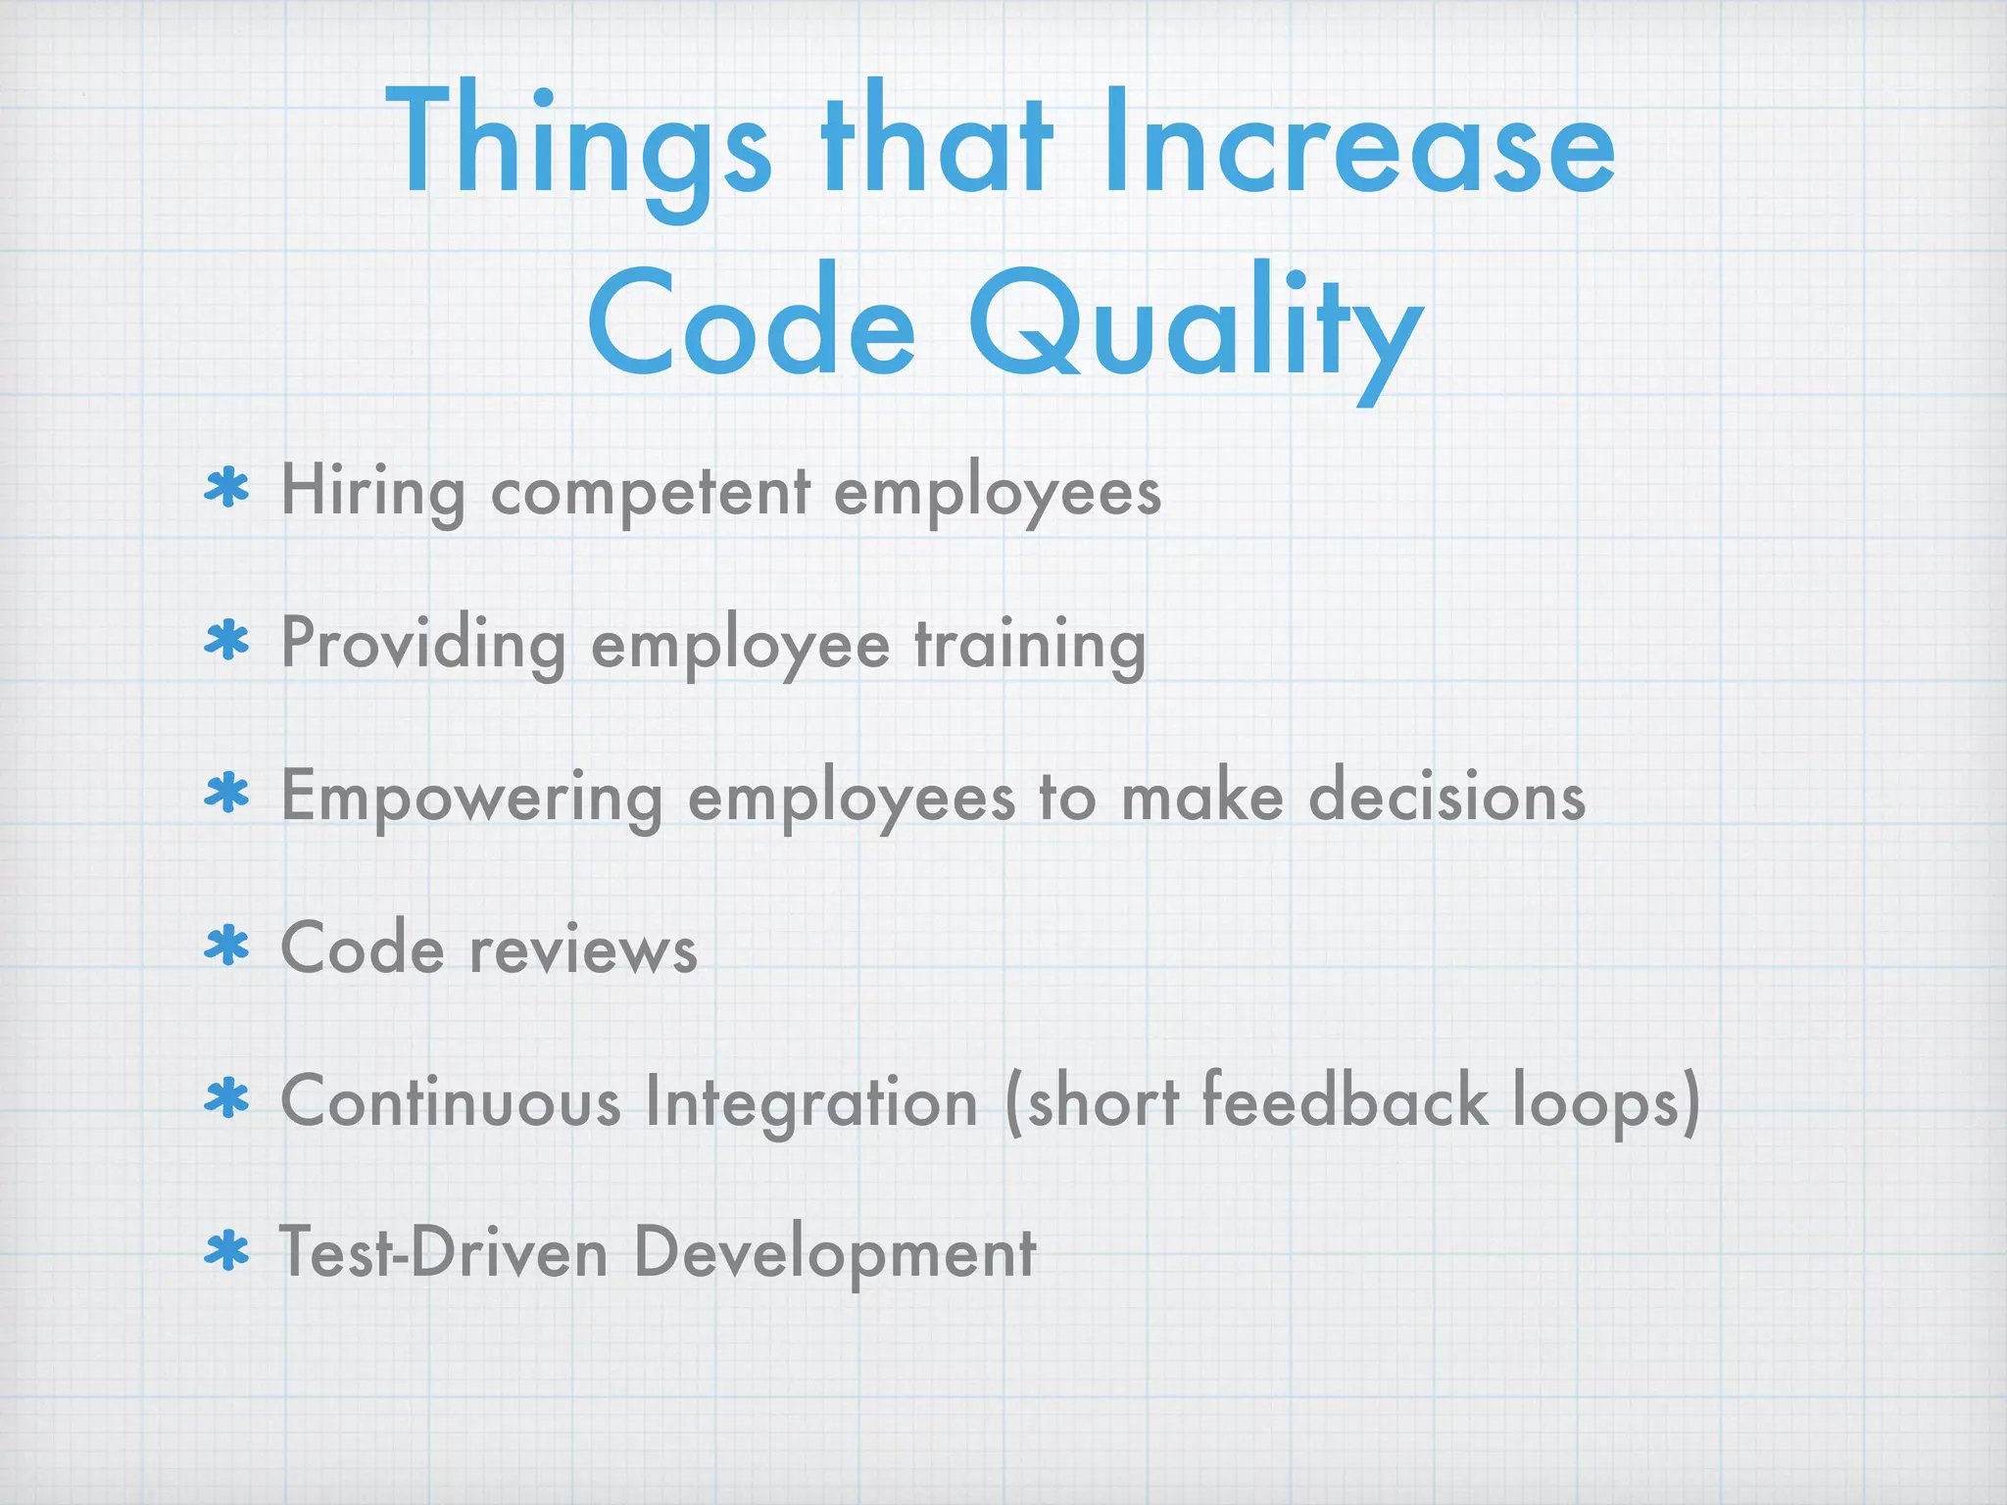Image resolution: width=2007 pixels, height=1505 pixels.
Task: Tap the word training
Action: coord(1030,645)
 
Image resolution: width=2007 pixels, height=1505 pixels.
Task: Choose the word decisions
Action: coord(1446,796)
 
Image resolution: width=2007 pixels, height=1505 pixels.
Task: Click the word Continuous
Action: coord(451,1101)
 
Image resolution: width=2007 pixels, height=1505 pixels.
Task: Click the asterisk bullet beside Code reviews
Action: coord(227,947)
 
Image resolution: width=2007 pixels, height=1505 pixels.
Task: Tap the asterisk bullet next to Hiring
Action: coord(227,488)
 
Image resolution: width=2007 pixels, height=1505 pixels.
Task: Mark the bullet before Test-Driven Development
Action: coord(227,1251)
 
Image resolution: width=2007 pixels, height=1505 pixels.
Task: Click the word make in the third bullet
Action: coord(1201,796)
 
